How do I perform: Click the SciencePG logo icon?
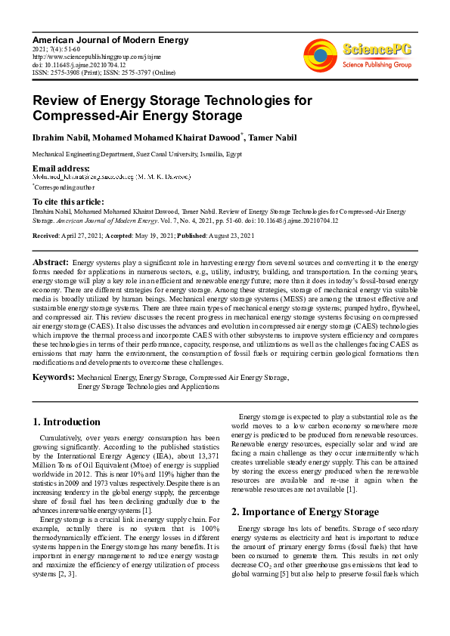click(x=320, y=54)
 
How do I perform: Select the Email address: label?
click(x=61, y=168)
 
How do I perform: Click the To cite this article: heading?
click(x=68, y=202)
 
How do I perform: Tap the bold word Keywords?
click(x=53, y=376)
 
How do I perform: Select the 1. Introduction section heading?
click(x=67, y=421)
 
